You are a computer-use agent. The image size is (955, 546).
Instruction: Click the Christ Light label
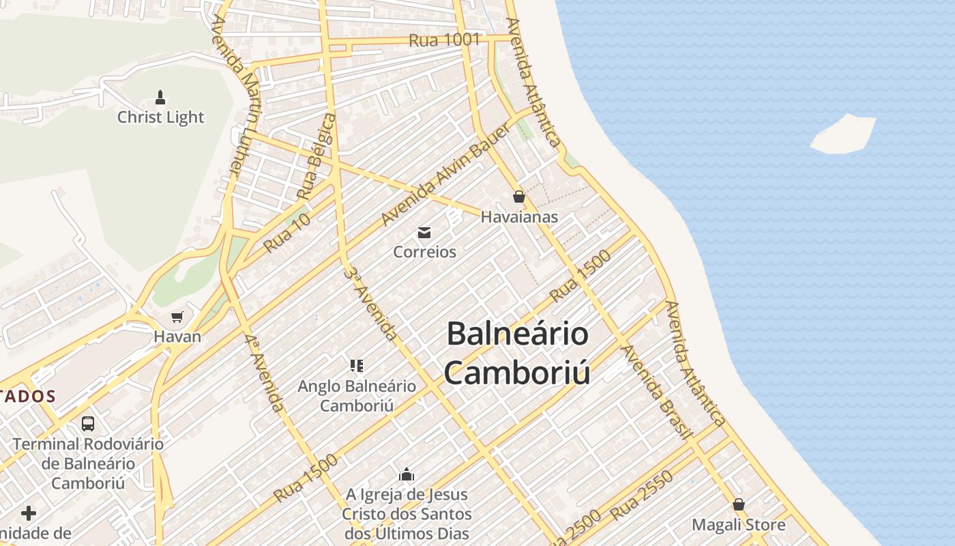[160, 117]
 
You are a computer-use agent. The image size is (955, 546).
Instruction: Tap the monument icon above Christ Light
[160, 97]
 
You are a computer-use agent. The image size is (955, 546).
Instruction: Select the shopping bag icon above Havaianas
[519, 197]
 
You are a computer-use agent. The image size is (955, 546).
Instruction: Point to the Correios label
[424, 252]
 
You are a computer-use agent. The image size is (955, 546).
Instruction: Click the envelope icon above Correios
[424, 233]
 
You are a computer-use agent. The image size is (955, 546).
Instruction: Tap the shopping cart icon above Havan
[177, 317]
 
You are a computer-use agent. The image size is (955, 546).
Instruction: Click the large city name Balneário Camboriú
[517, 354]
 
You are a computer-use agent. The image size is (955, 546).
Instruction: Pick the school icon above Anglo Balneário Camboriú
[356, 366]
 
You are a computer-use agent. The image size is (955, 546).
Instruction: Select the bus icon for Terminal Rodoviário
[88, 423]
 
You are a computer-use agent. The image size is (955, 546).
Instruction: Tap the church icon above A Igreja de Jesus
[407, 474]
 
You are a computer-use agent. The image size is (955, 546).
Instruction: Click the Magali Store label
[739, 525]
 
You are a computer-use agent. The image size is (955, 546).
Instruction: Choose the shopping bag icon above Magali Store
[739, 504]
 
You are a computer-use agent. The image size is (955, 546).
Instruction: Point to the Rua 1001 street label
[444, 40]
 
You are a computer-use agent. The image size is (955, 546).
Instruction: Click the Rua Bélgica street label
[317, 157]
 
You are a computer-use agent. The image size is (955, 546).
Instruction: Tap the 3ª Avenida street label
[370, 304]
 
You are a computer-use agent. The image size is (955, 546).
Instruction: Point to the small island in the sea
[843, 134]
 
